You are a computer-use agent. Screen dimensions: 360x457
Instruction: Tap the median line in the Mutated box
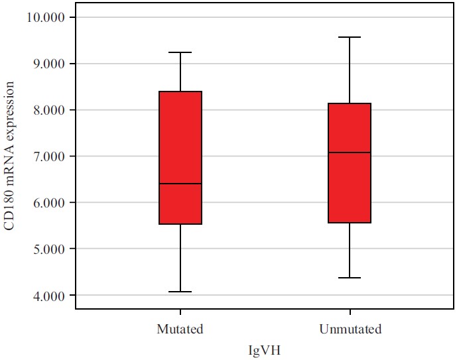pyautogui.click(x=180, y=184)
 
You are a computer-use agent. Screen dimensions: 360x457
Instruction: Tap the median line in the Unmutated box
pyautogui.click(x=350, y=152)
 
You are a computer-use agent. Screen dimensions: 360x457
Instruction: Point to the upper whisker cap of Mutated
pyautogui.click(x=180, y=52)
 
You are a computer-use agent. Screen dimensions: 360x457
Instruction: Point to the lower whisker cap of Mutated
pyautogui.click(x=180, y=292)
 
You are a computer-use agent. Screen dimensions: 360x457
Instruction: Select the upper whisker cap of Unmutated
pyautogui.click(x=350, y=37)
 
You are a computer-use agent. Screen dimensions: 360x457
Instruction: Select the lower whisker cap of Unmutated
pyautogui.click(x=350, y=278)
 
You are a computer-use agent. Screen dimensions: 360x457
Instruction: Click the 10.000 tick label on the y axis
pyautogui.click(x=48, y=17)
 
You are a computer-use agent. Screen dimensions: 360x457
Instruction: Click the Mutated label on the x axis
pyautogui.click(x=180, y=329)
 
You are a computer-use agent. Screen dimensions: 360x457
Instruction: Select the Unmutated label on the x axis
pyautogui.click(x=350, y=329)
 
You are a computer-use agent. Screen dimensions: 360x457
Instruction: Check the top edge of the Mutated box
pyautogui.click(x=180, y=91)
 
